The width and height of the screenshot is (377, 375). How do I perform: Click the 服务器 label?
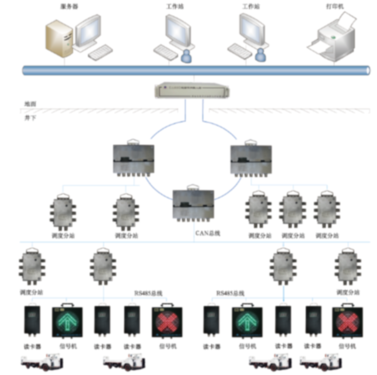69,6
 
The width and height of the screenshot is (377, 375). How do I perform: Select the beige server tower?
61,39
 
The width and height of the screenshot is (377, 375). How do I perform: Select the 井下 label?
29,117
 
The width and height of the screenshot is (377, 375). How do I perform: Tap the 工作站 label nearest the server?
174,6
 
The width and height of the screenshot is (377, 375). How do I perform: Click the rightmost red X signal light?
347,322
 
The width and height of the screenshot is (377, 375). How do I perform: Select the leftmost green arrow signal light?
68,322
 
